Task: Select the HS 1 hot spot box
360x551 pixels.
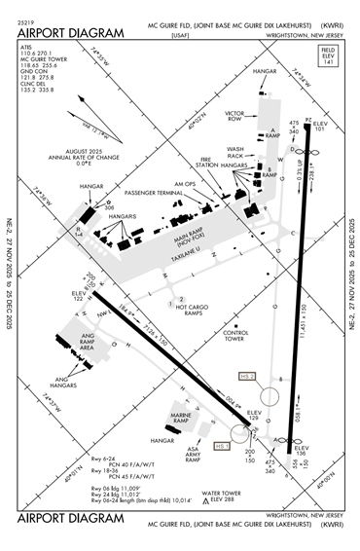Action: (x=221, y=446)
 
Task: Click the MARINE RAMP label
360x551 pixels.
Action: (x=184, y=420)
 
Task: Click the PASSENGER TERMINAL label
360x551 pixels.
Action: (x=152, y=194)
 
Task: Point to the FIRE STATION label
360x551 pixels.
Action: (x=205, y=166)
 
